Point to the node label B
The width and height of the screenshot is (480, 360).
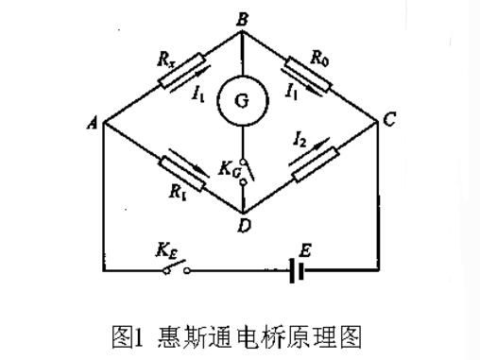pyautogui.click(x=242, y=18)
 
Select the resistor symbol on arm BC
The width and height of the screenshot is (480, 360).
pyautogui.click(x=311, y=75)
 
